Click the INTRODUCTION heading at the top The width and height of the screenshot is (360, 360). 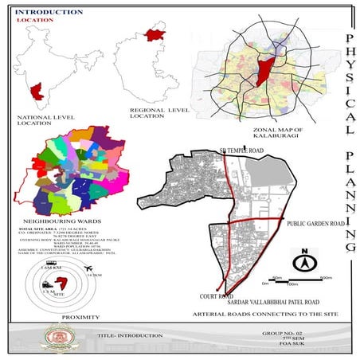pyautogui.click(x=49, y=13)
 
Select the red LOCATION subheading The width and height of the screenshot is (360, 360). pyautogui.click(x=33, y=21)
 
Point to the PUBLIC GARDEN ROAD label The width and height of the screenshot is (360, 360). pyautogui.click(x=317, y=225)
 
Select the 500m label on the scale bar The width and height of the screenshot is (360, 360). pyautogui.click(x=326, y=277)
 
